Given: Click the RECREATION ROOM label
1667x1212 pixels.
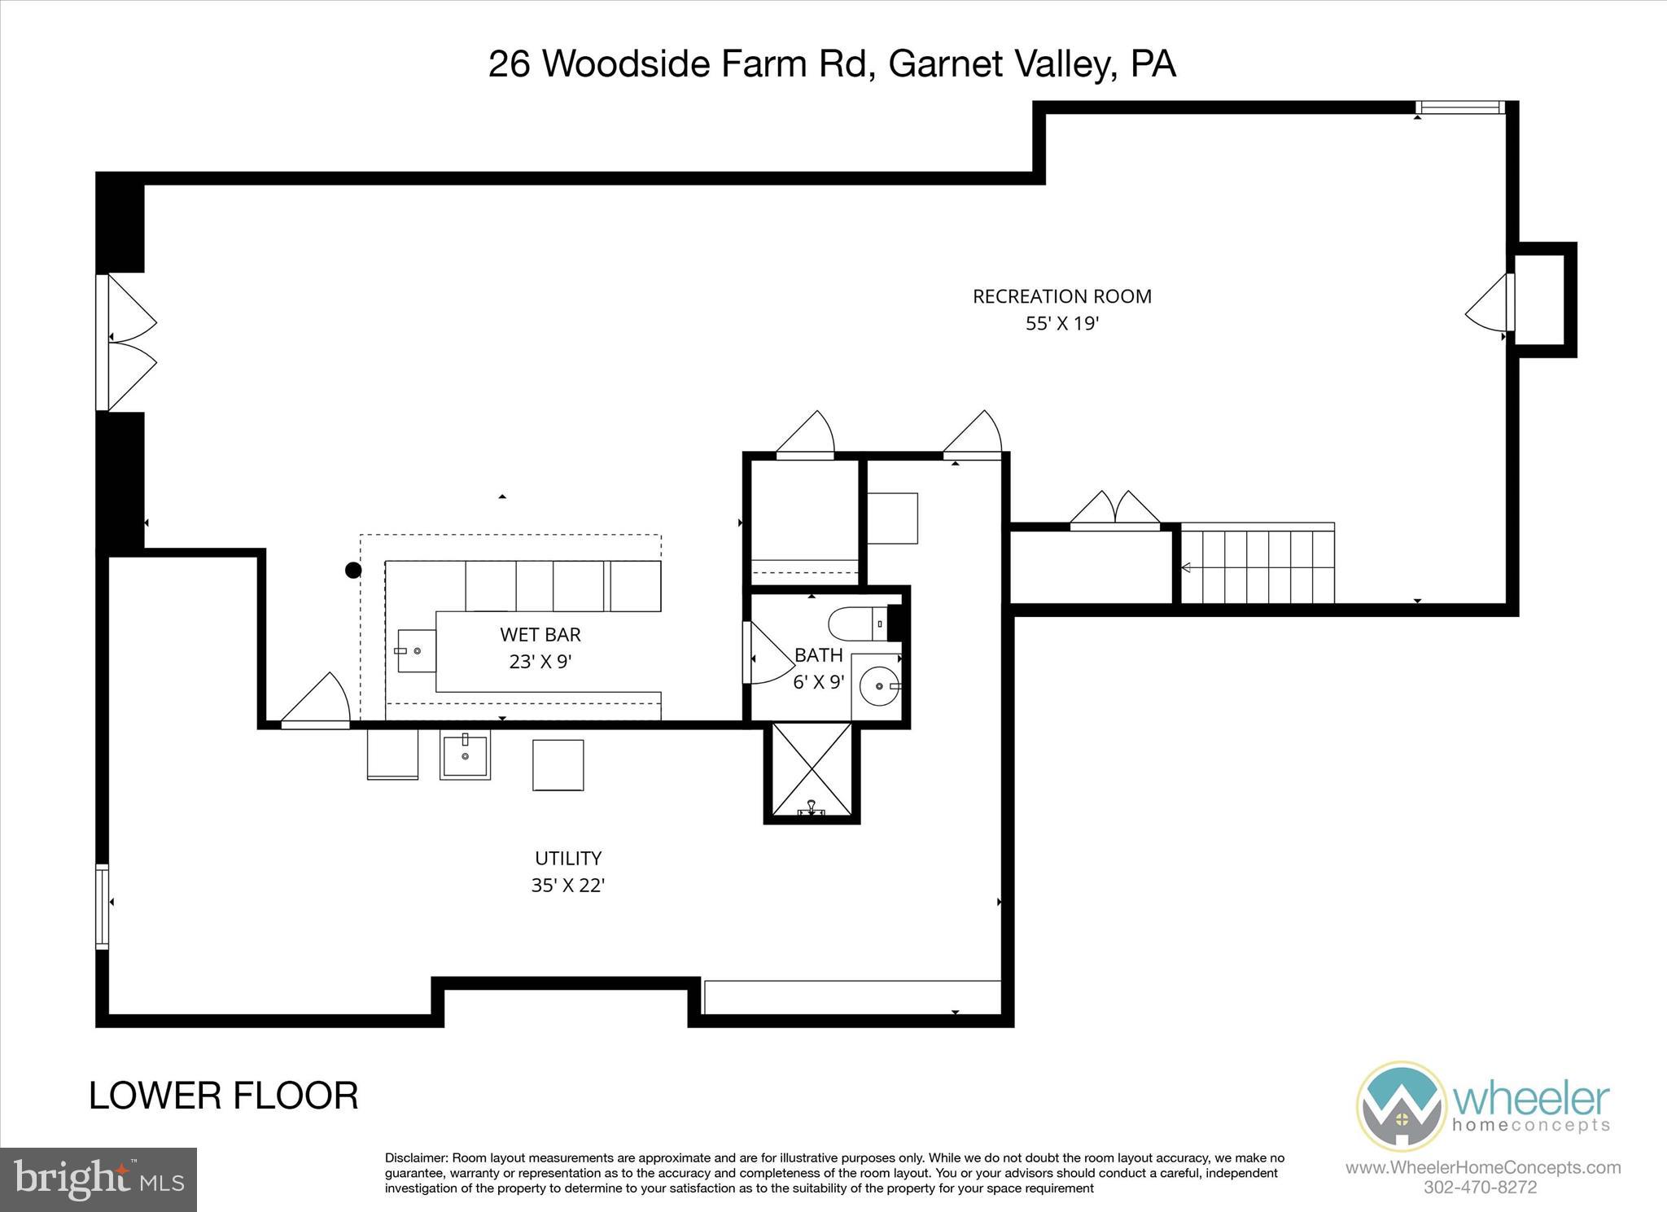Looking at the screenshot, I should point(1061,296).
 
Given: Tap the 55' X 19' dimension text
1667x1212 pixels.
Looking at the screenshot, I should point(1061,324).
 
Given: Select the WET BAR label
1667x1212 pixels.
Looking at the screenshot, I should point(540,634).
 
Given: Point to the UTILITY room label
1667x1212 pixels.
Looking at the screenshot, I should point(567,858).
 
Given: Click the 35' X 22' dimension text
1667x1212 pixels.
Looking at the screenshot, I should point(567,886).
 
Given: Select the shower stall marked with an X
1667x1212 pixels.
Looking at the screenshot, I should point(812,769).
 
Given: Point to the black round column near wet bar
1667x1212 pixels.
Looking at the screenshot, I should point(352,571).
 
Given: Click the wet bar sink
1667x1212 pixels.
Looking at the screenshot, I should point(415,650).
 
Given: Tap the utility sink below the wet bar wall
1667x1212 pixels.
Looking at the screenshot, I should point(465,755).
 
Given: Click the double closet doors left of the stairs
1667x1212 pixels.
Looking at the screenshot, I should point(1114,510).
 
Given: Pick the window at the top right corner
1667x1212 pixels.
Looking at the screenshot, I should point(1459,107).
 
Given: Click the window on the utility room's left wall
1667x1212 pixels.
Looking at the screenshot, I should point(102,906).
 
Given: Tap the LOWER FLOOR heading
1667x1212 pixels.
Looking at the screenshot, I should point(223,1096).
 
